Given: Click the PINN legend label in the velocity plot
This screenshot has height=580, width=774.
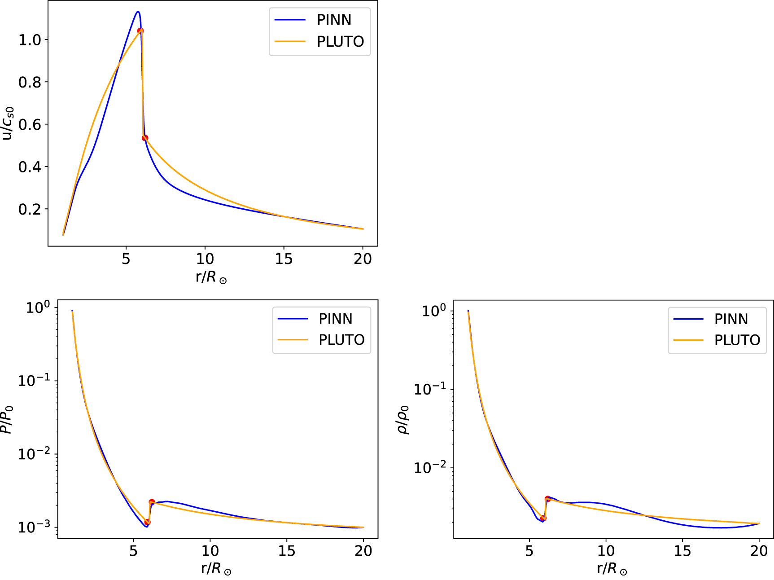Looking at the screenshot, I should click(x=334, y=20).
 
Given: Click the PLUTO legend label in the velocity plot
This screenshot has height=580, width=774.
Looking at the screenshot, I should click(x=340, y=41).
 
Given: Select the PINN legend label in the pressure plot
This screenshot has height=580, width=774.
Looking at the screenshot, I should click(x=335, y=319).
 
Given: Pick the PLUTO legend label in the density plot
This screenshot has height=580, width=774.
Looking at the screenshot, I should click(x=737, y=340).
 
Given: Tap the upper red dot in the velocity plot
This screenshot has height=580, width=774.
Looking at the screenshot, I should click(x=140, y=31).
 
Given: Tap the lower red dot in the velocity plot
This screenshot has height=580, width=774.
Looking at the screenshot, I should click(x=145, y=138).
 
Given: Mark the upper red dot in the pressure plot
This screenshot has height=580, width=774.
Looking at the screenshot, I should click(x=152, y=502).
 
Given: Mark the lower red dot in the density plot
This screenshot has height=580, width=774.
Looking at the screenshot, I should click(x=543, y=518).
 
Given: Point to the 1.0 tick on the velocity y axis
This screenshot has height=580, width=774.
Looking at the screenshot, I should click(x=30, y=40).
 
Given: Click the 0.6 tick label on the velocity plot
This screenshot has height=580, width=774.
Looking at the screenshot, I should click(x=30, y=125).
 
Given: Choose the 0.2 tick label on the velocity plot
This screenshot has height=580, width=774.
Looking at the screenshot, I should click(x=30, y=209).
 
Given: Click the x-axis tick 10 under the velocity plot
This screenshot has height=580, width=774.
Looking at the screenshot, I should click(x=205, y=259).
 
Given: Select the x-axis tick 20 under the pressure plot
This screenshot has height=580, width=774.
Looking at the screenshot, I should click(x=363, y=550).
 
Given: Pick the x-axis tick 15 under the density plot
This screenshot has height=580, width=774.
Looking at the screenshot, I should click(x=682, y=550).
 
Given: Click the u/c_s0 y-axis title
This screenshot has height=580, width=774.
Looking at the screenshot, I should click(x=8, y=123).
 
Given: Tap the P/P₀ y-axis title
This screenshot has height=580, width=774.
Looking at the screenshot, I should click(x=7, y=420).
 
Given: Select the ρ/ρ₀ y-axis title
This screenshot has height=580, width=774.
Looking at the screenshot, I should click(x=403, y=420).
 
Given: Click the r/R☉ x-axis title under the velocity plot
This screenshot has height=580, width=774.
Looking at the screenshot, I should click(x=211, y=277).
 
